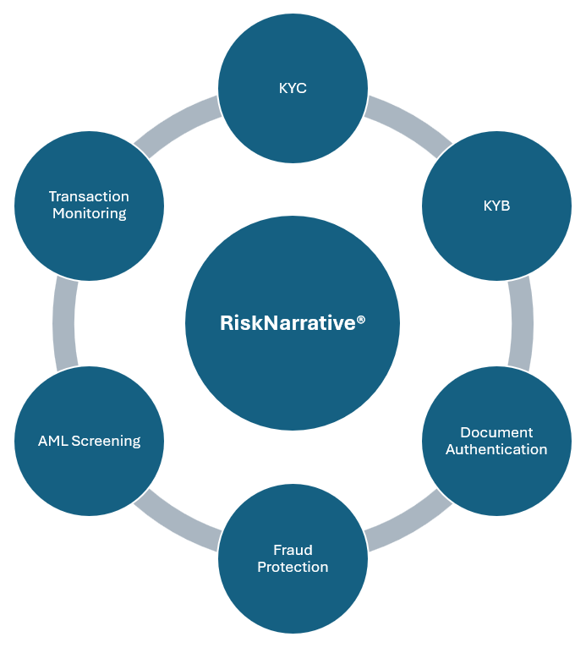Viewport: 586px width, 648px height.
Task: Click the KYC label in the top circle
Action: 293,88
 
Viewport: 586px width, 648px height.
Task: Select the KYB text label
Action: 496,206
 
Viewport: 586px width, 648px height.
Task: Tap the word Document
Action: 496,432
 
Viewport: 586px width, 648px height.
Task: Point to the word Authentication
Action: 496,449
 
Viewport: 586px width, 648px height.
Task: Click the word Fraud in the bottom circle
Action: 293,550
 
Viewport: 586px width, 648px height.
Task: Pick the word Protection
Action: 293,567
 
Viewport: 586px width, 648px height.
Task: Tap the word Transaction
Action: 89,196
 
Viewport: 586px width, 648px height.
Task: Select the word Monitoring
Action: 89,213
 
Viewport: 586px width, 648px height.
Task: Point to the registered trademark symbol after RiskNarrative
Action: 361,319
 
